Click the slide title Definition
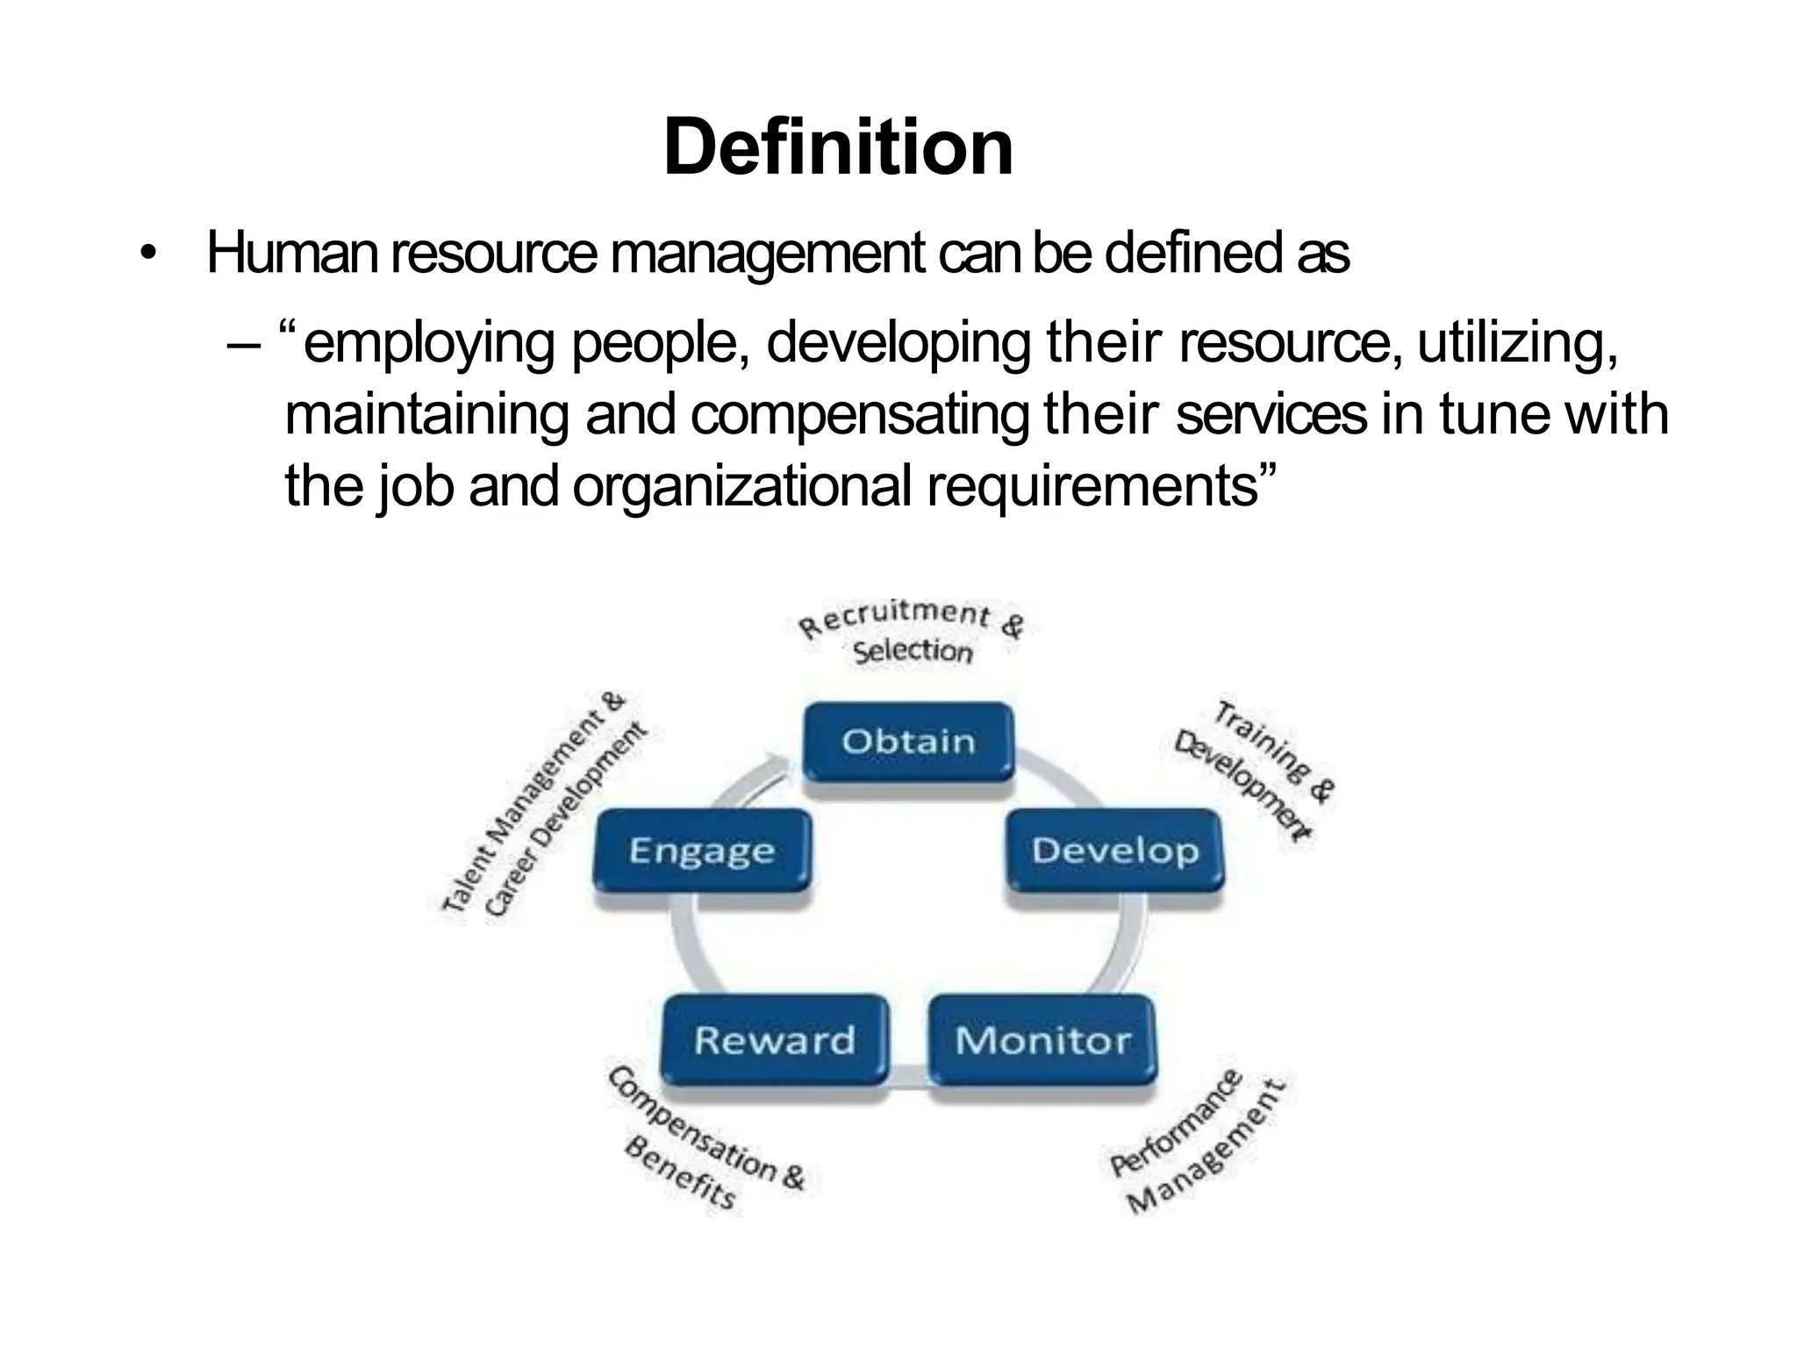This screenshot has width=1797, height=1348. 838,147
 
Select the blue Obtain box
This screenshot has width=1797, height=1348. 908,742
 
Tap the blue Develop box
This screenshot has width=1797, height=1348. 1114,850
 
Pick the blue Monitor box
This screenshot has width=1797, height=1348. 1042,1040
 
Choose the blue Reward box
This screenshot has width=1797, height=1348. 774,1040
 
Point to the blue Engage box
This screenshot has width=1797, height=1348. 702,850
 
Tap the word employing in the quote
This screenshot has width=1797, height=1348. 428,344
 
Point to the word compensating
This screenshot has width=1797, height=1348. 860,416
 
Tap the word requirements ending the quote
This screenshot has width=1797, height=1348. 1093,487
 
